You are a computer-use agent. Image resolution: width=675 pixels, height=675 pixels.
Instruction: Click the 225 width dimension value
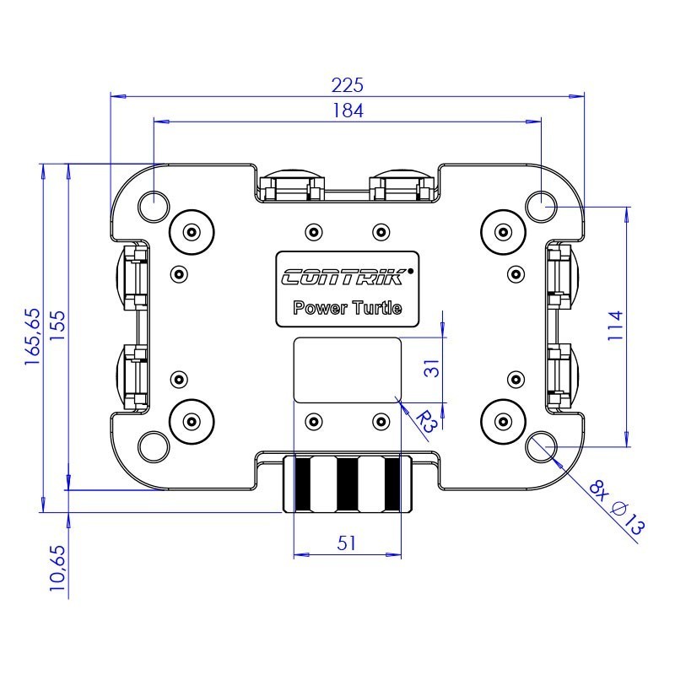[x=347, y=84]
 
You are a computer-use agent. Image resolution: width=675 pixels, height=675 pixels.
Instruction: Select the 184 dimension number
[x=348, y=111]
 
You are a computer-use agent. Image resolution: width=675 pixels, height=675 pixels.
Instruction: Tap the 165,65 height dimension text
[x=32, y=336]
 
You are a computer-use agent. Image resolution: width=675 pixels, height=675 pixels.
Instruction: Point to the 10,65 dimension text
[x=57, y=570]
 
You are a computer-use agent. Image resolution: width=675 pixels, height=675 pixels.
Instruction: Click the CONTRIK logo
[x=347, y=277]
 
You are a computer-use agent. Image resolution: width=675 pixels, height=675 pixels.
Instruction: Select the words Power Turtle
[x=347, y=308]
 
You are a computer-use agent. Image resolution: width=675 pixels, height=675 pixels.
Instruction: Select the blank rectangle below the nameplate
[x=347, y=370]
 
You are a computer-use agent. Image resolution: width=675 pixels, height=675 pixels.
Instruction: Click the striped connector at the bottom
[x=347, y=484]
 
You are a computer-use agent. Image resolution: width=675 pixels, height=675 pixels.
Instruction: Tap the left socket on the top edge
[x=292, y=186]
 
